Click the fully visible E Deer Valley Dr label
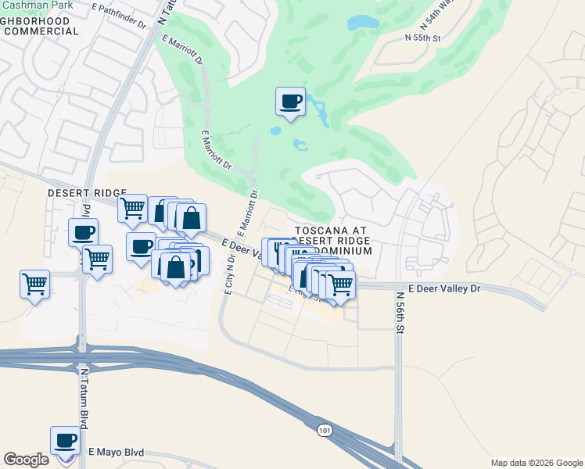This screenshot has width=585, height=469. [436, 288]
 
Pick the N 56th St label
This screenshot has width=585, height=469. [400, 313]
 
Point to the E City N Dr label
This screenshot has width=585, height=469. [228, 272]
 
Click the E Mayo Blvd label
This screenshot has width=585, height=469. [117, 452]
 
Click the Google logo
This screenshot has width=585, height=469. [26, 460]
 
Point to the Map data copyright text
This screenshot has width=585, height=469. [537, 463]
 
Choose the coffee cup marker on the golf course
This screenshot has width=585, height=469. [290, 102]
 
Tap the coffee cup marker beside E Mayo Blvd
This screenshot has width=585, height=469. [66, 440]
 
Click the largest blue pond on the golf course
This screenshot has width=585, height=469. [361, 23]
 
